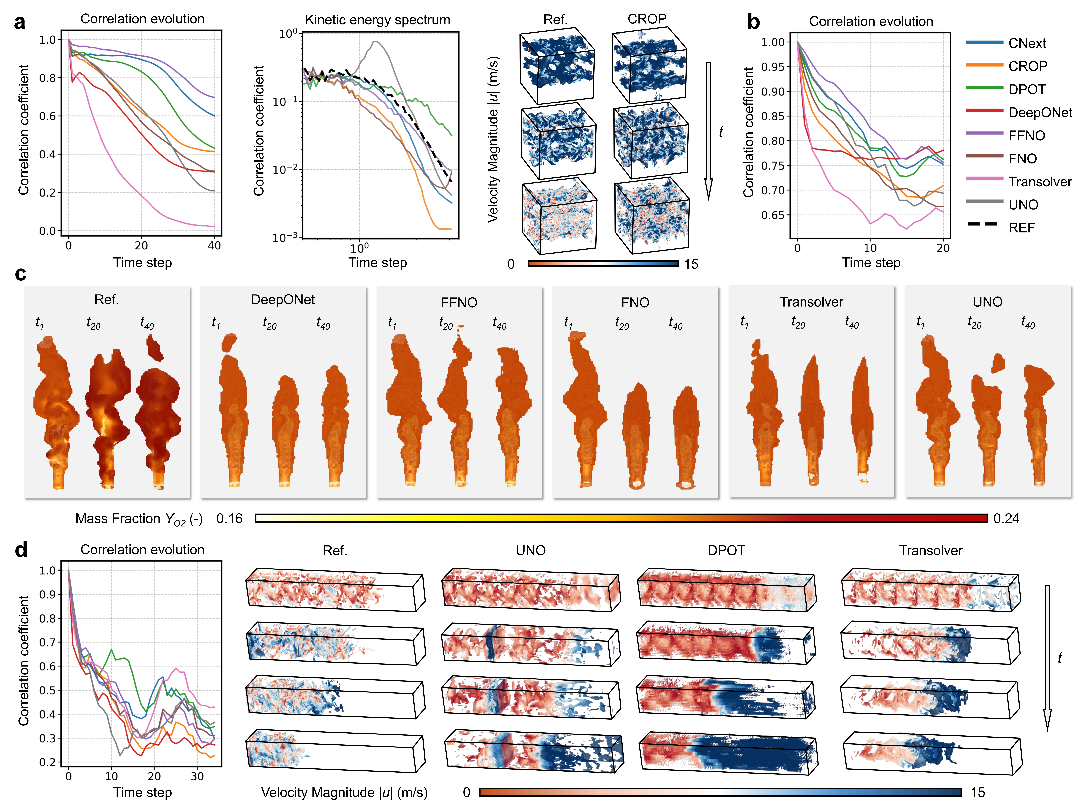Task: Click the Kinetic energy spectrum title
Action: point(377,20)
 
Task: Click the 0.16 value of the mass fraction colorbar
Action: point(229,519)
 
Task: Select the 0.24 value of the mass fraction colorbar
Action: point(1006,519)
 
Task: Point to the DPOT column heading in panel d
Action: point(726,550)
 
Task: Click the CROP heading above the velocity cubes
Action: point(646,19)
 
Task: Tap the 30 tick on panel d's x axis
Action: point(197,776)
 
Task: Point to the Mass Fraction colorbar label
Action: point(139,519)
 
